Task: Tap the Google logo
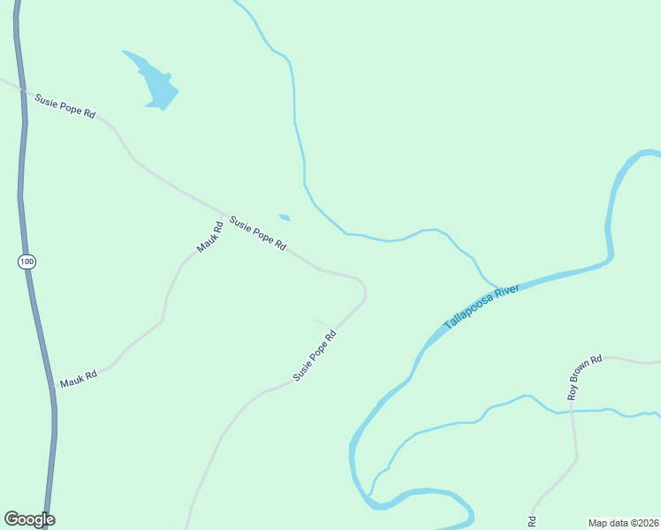coord(29,519)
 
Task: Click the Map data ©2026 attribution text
coord(624,522)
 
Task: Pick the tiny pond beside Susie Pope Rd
coord(284,217)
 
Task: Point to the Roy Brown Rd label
coord(585,377)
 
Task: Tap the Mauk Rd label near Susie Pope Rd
coord(208,237)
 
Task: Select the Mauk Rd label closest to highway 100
coord(78,379)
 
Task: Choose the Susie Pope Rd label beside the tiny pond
coord(257,232)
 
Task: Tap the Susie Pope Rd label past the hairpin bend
coord(315,355)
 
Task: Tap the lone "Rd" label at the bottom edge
coord(532,521)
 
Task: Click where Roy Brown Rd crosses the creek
coord(572,410)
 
